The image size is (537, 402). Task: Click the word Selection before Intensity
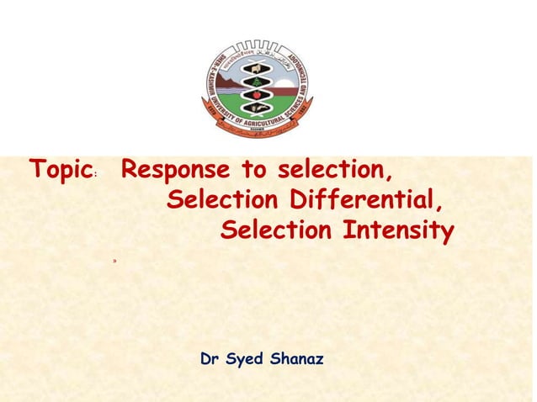tap(276, 230)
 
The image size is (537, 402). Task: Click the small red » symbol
tap(114, 262)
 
